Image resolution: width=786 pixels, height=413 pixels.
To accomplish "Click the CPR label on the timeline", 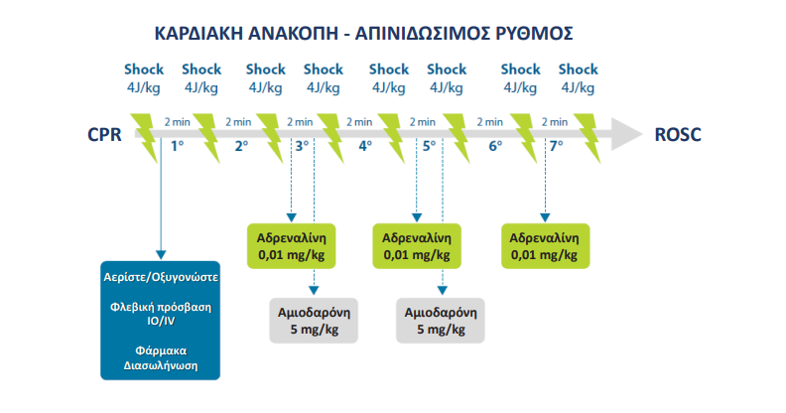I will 103,135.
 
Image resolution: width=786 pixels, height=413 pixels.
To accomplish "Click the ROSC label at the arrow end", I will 678,135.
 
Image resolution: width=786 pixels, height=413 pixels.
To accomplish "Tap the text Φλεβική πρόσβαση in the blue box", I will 160,307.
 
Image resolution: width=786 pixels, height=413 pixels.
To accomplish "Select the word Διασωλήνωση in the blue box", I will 160,365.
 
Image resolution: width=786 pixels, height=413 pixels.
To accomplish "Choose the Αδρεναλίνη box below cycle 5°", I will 417,246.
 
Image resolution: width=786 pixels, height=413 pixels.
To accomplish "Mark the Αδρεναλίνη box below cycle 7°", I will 545,246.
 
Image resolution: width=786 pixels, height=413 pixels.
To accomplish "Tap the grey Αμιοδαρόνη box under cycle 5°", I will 442,319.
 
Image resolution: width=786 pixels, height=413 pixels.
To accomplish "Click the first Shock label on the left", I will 144,69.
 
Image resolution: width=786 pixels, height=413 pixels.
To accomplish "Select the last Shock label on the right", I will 578,69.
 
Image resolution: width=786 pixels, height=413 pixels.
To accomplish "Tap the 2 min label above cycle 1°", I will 178,122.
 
